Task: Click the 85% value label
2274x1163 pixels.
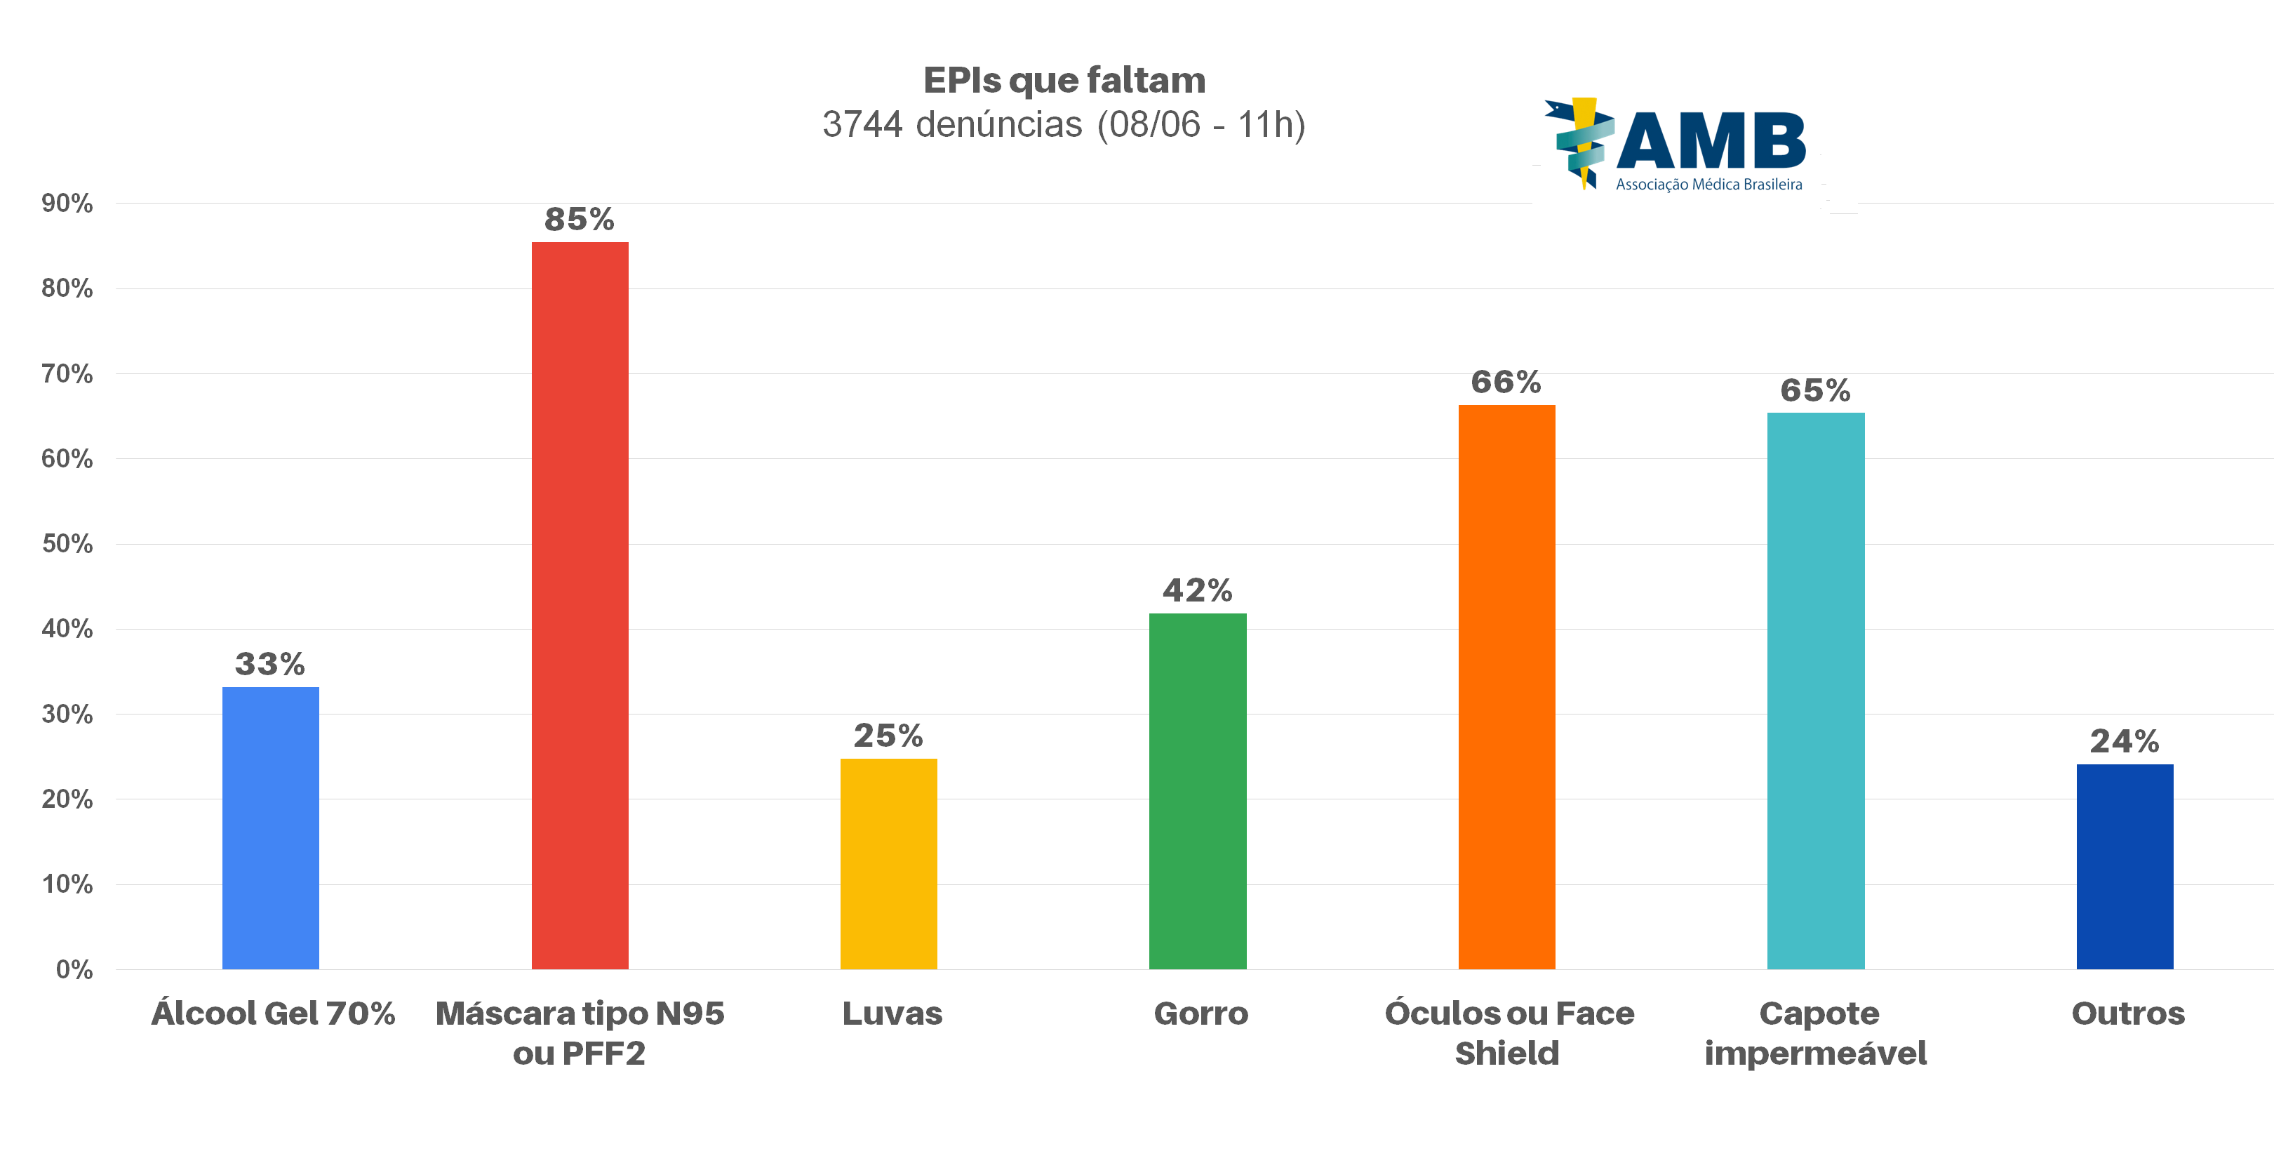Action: (x=579, y=219)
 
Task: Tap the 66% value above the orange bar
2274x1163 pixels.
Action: (x=1506, y=383)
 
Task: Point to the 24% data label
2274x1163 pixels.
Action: (x=2124, y=741)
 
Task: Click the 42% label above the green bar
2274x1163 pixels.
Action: (x=1197, y=590)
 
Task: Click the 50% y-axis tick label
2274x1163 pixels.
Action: (x=67, y=543)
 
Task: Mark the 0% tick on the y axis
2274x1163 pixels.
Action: (x=74, y=969)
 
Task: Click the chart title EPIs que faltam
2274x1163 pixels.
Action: (x=1064, y=80)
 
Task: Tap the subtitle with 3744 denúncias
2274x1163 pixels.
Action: (x=1064, y=124)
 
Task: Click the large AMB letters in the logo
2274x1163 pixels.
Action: (x=1711, y=141)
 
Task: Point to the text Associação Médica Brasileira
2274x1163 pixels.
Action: (x=1709, y=185)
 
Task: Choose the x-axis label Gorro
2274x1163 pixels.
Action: (x=1200, y=1013)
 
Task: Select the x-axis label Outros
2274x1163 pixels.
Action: (x=2127, y=1013)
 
